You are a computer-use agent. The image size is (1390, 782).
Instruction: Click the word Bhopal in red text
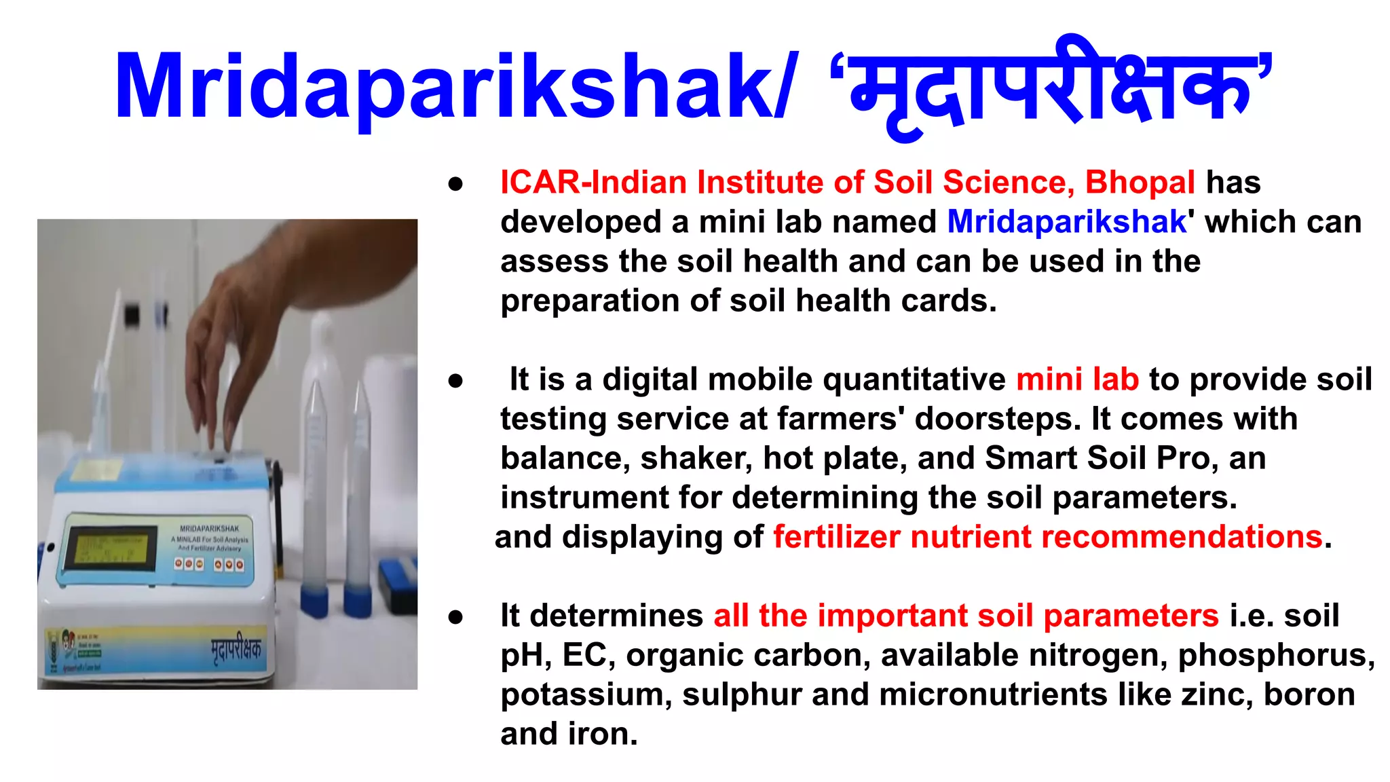point(1140,183)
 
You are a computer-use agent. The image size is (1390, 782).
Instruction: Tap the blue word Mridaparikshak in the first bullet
point(1066,222)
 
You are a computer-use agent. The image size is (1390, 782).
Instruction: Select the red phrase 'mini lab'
point(1077,379)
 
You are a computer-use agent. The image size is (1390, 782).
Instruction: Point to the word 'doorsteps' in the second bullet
point(997,419)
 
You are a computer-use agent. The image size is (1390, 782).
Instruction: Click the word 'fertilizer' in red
point(835,537)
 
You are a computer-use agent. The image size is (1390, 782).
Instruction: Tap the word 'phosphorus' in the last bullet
point(1275,656)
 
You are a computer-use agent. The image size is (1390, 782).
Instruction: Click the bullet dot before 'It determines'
point(455,617)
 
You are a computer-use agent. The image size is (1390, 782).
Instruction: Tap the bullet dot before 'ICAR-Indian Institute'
point(455,184)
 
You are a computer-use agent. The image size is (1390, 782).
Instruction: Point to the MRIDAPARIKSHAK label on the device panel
point(209,528)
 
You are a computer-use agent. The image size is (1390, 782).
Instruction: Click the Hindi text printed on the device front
point(236,650)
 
